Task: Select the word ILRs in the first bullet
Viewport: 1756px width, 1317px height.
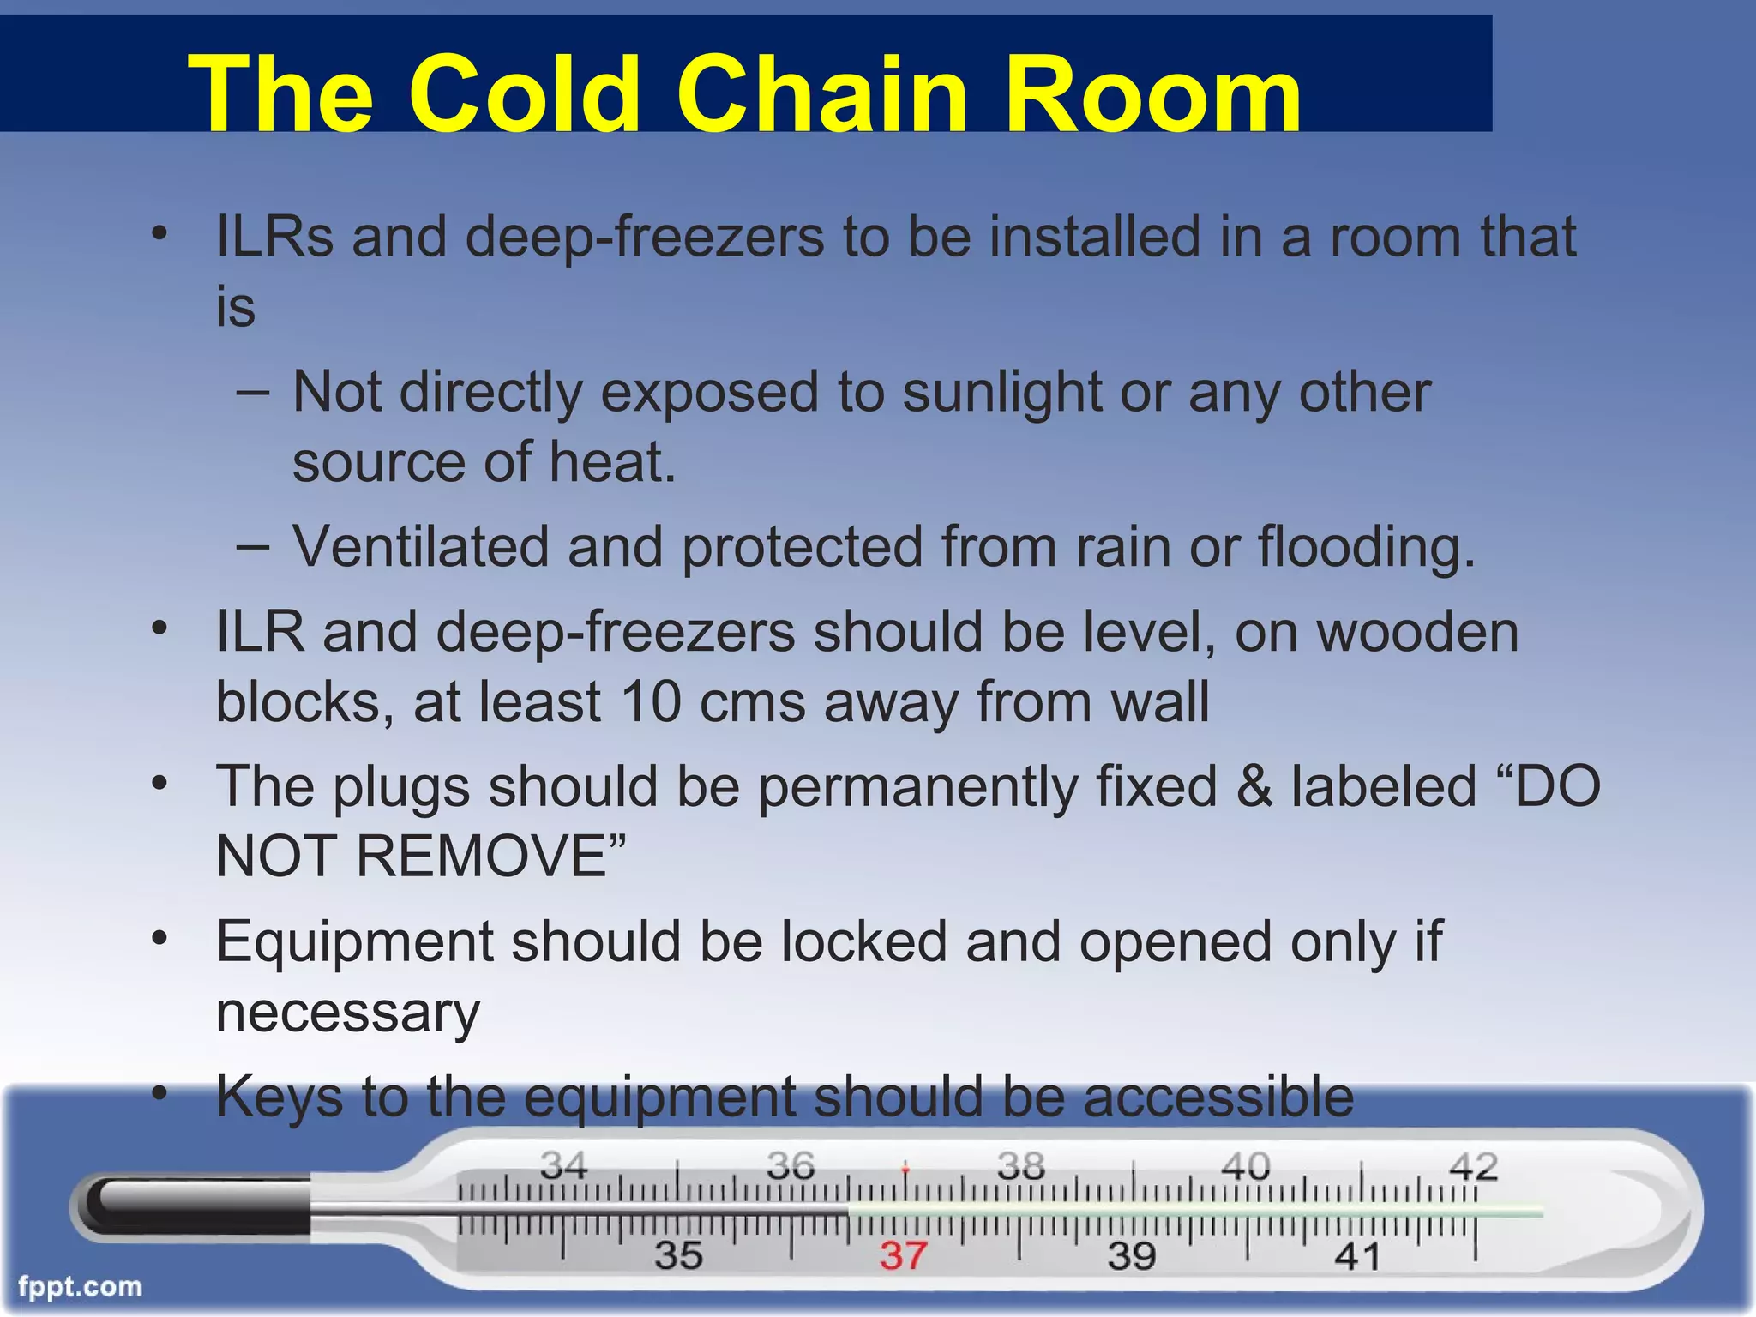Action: click(274, 236)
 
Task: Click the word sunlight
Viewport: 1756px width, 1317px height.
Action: click(1002, 393)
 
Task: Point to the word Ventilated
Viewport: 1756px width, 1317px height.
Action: click(420, 547)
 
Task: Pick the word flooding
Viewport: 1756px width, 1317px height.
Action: click(1366, 547)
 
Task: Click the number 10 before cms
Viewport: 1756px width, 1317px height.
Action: click(651, 702)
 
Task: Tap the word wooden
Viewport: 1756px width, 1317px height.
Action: click(1417, 633)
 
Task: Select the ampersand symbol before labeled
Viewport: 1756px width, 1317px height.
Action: click(1254, 787)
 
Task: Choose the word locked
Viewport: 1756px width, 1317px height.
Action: click(864, 942)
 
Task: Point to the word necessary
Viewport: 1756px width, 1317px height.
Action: click(347, 1013)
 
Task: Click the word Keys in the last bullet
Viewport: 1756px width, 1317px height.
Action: click(280, 1097)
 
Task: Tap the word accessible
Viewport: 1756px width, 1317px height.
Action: click(1218, 1097)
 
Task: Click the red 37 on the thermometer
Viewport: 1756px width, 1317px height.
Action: click(903, 1256)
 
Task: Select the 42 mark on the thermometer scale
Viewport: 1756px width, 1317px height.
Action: click(1473, 1167)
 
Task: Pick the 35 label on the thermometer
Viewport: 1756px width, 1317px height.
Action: click(678, 1256)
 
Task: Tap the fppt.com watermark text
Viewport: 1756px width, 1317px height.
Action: click(80, 1287)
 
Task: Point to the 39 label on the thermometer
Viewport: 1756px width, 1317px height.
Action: click(1132, 1256)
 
